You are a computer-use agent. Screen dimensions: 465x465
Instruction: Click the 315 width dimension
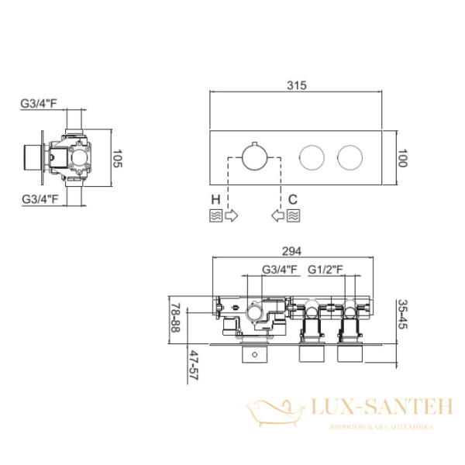pyautogui.click(x=296, y=85)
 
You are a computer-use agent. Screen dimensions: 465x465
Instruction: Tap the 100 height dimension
pyautogui.click(x=402, y=158)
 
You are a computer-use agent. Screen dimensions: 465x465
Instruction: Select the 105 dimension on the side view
pyautogui.click(x=118, y=159)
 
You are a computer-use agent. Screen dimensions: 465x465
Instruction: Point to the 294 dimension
pyautogui.click(x=291, y=251)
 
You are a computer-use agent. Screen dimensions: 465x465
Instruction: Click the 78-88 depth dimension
pyautogui.click(x=176, y=317)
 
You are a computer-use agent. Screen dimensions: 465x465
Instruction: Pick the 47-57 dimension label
pyautogui.click(x=194, y=365)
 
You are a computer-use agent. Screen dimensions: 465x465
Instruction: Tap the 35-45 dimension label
pyautogui.click(x=403, y=315)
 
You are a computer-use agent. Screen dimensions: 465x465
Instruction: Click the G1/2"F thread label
pyautogui.click(x=325, y=270)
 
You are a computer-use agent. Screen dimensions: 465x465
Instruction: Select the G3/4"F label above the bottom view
pyautogui.click(x=280, y=270)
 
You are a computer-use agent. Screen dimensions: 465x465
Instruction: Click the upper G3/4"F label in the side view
pyautogui.click(x=39, y=104)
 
